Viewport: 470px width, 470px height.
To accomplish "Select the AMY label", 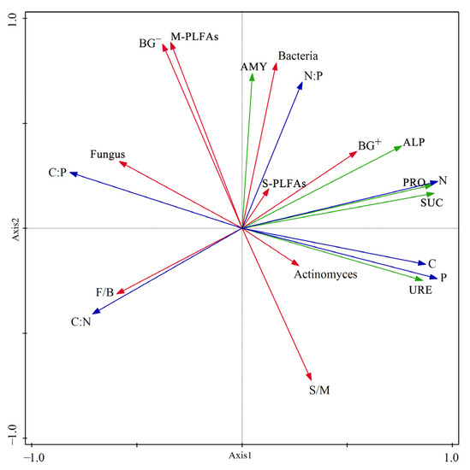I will pyautogui.click(x=253, y=65).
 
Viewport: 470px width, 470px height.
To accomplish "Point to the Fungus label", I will pyautogui.click(x=108, y=155).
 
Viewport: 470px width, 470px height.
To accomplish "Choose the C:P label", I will pyautogui.click(x=57, y=173).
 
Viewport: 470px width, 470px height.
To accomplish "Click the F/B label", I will pyautogui.click(x=104, y=292).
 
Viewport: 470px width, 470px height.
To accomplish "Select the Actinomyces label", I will pyautogui.click(x=325, y=275).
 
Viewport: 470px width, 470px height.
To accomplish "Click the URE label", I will pyautogui.click(x=420, y=291).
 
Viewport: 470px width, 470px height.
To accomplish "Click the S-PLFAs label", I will pyautogui.click(x=284, y=183).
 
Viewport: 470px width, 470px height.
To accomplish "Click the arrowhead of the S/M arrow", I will pyautogui.click(x=311, y=379).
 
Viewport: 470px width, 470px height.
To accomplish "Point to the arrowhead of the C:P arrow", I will pyautogui.click(x=71, y=173).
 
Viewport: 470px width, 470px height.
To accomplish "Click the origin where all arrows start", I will pyautogui.click(x=242, y=228).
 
